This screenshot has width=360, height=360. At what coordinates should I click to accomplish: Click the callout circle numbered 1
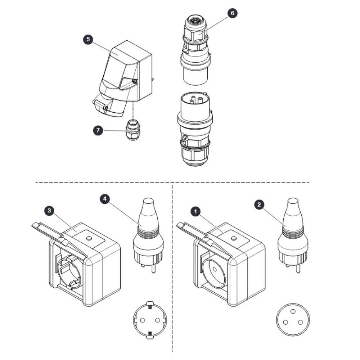point(195,211)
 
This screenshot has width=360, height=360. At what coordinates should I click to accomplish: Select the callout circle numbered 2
point(259,204)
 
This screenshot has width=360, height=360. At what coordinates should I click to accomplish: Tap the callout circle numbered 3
point(49,210)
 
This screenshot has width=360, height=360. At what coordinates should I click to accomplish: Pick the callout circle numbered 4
point(105,199)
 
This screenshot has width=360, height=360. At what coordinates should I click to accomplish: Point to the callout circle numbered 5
point(88,39)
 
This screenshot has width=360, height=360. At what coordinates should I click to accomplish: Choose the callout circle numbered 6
point(232,13)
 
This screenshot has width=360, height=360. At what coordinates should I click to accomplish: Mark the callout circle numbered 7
point(98,130)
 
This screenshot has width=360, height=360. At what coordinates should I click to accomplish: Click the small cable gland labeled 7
point(132,130)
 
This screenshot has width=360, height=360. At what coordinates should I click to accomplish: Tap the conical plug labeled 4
point(148,235)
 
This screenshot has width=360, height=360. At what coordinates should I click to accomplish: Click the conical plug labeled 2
point(293,235)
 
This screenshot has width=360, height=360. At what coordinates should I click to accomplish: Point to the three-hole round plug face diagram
point(293,320)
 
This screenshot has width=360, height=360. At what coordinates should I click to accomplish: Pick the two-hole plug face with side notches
point(150,320)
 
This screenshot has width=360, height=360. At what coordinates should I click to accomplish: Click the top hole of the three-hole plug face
point(293,311)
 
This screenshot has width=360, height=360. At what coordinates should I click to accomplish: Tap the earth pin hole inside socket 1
point(215,269)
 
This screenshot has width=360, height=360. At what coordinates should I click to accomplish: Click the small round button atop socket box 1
point(234,238)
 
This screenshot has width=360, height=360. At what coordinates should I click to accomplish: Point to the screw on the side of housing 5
point(135,81)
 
